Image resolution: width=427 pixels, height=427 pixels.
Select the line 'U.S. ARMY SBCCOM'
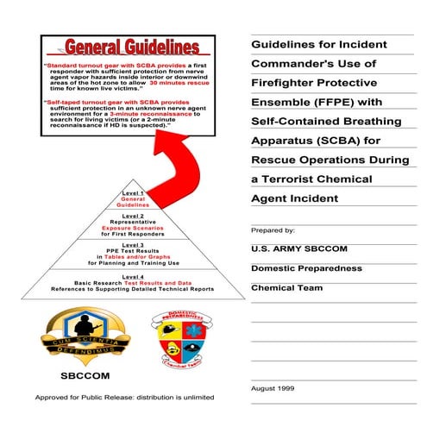click(x=298, y=249)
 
